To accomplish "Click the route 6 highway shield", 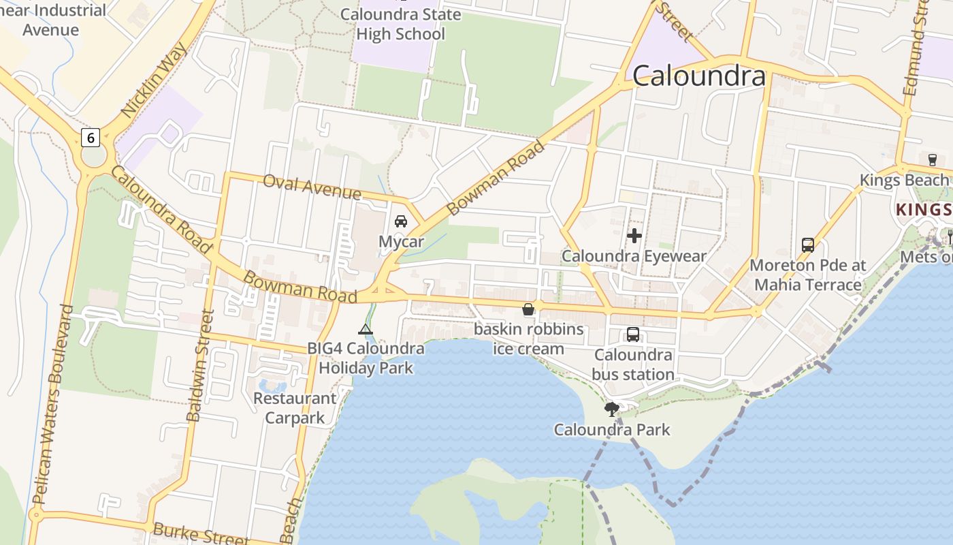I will point(90,138).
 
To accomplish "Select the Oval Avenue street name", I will point(312,187).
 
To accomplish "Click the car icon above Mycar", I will point(401,221).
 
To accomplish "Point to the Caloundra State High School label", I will point(400,25).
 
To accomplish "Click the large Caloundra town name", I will point(699,76).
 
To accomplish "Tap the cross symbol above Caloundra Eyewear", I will point(634,236).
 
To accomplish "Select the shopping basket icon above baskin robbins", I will point(528,310).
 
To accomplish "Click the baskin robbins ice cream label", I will point(529,339).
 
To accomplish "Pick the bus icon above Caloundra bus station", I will point(633,334).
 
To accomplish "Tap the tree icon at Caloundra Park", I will point(612,409).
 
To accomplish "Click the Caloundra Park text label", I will point(611,430).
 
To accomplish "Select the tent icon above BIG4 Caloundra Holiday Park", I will point(366,330).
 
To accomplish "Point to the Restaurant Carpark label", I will point(295,408).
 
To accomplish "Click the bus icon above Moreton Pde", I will point(808,245).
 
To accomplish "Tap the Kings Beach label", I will point(903,181).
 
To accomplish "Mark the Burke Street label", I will point(200,533).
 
